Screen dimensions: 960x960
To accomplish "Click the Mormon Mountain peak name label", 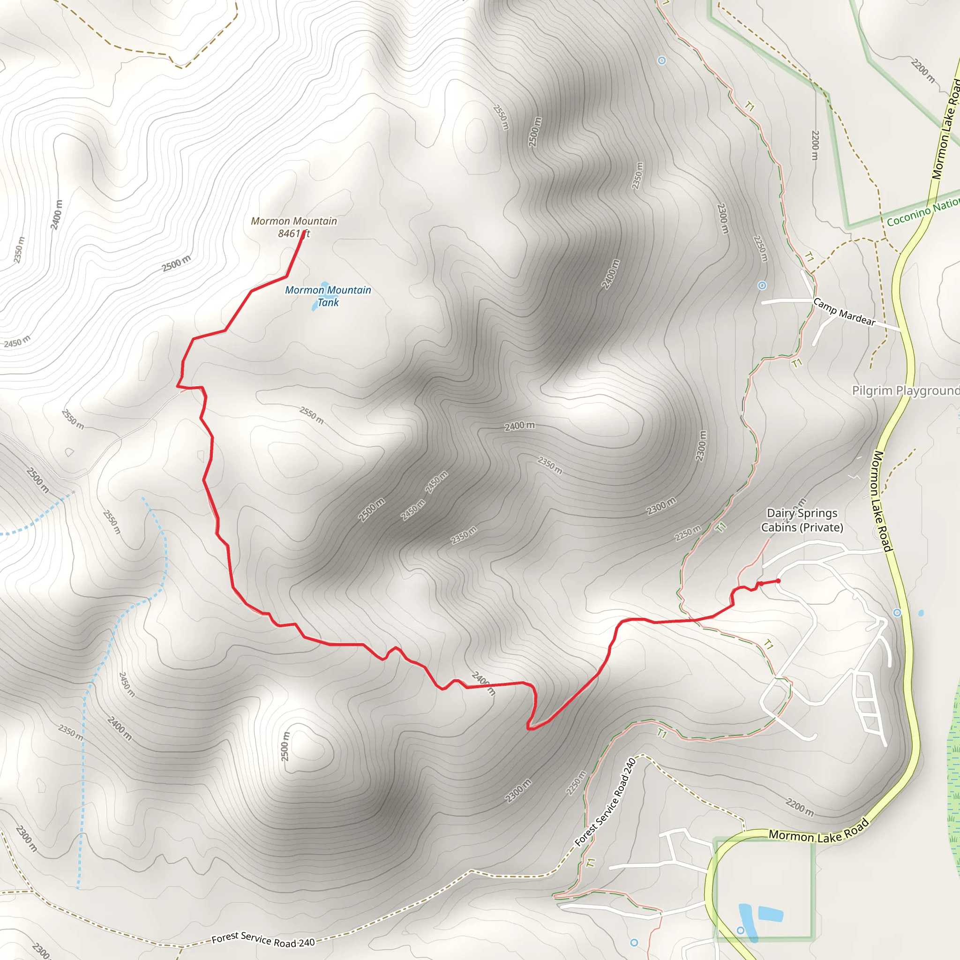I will point(293,221).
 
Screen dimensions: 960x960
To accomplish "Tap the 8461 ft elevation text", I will point(293,233).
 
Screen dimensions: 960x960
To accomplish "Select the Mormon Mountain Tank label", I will point(328,296).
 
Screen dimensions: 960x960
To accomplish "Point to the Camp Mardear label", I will point(844,312).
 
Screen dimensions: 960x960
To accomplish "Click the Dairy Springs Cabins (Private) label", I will point(802,520).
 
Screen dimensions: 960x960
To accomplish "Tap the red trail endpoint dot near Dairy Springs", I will point(778,581).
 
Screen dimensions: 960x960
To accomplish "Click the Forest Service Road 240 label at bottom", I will point(263,939).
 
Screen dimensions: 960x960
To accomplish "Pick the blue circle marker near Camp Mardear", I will point(762,285).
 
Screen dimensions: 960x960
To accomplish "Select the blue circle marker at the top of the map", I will point(661,60).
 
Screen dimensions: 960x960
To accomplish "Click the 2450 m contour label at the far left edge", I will point(17,341).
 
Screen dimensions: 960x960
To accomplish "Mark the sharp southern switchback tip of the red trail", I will point(529,729).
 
